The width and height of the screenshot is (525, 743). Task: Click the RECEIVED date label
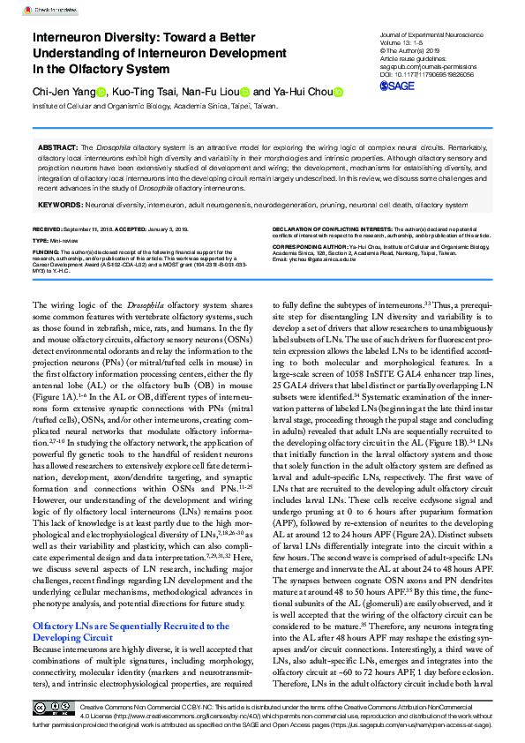click(x=52, y=229)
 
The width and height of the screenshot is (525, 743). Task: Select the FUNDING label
click(x=48, y=250)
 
